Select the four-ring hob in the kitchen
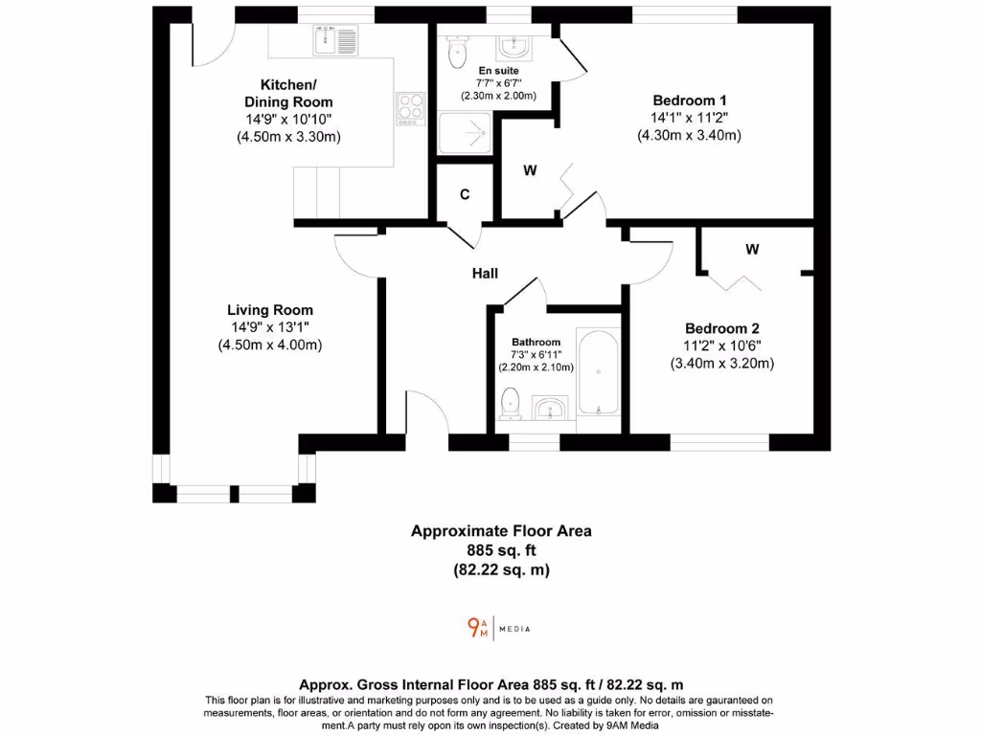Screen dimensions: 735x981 (411, 106)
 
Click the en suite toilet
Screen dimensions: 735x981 (455, 48)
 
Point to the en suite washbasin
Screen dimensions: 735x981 (513, 47)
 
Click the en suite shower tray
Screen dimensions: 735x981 (465, 133)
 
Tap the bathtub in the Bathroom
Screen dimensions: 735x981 (598, 374)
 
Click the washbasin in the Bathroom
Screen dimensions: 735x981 (550, 409)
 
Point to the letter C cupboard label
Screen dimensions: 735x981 (465, 194)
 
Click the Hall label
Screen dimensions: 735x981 (485, 274)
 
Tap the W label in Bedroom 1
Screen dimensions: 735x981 (529, 171)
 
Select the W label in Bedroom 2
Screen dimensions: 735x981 (752, 250)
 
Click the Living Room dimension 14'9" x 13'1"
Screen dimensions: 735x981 (269, 327)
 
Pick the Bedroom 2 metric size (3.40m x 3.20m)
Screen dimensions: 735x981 (721, 363)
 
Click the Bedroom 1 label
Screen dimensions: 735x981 (690, 100)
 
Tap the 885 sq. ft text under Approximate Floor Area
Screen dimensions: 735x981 (501, 550)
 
